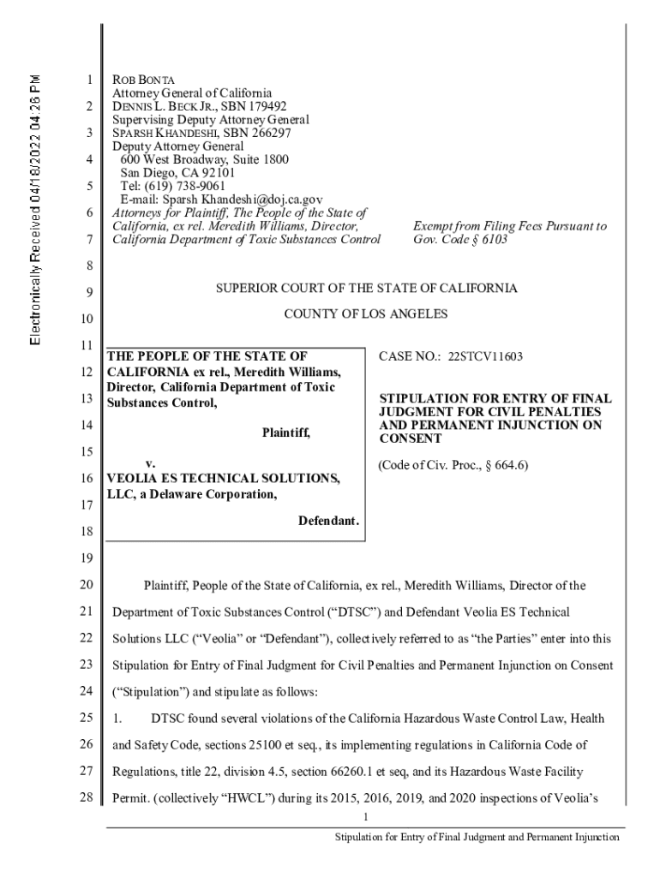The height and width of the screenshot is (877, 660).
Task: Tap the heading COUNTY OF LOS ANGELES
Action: pos(365,314)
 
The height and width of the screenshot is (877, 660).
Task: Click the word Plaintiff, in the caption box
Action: pos(286,433)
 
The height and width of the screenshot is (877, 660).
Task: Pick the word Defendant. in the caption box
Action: pos(328,522)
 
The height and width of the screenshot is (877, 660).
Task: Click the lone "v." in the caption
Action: pos(150,462)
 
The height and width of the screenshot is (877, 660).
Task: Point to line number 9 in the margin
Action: pos(87,295)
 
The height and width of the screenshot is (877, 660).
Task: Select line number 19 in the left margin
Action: pos(84,559)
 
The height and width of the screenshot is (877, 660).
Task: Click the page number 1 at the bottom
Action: pos(365,817)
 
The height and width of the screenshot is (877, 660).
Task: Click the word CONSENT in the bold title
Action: pos(411,439)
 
